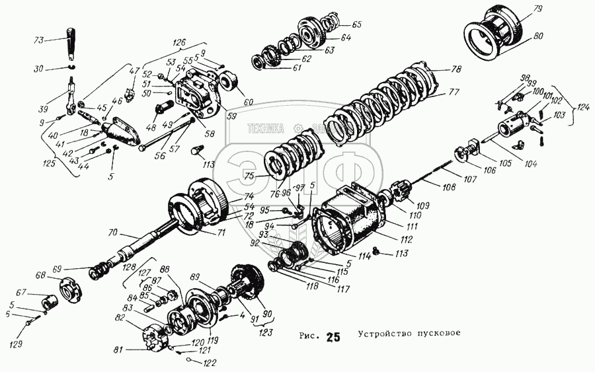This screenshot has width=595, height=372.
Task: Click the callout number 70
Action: (x=112, y=233)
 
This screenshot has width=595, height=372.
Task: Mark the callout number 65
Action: (x=356, y=24)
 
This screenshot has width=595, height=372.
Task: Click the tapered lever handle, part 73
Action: (x=72, y=44)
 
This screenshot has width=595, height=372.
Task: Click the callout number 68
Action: (x=41, y=275)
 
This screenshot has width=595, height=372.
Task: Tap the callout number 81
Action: (x=119, y=350)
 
